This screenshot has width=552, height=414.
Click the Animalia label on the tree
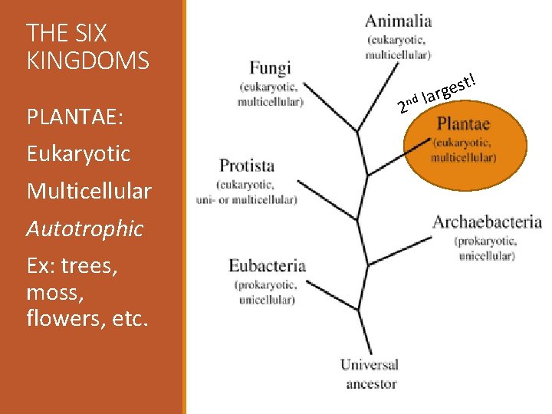pyautogui.click(x=398, y=21)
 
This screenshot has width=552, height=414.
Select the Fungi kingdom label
pyautogui.click(x=270, y=68)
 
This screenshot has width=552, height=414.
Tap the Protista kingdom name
pyautogui.click(x=246, y=166)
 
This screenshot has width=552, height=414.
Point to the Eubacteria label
pyautogui.click(x=267, y=266)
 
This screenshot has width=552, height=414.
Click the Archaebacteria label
pyautogui.click(x=487, y=222)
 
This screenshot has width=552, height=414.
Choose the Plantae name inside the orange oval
pyautogui.click(x=463, y=124)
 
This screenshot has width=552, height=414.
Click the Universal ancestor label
pyautogui.click(x=370, y=365)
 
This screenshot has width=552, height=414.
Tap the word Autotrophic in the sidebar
pyautogui.click(x=84, y=228)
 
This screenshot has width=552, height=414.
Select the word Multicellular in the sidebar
pyautogui.click(x=89, y=191)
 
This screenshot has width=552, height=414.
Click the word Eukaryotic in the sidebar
pyautogui.click(x=78, y=154)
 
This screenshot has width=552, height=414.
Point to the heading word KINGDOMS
pyautogui.click(x=87, y=61)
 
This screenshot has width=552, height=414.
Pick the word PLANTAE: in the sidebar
pyautogui.click(x=75, y=117)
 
